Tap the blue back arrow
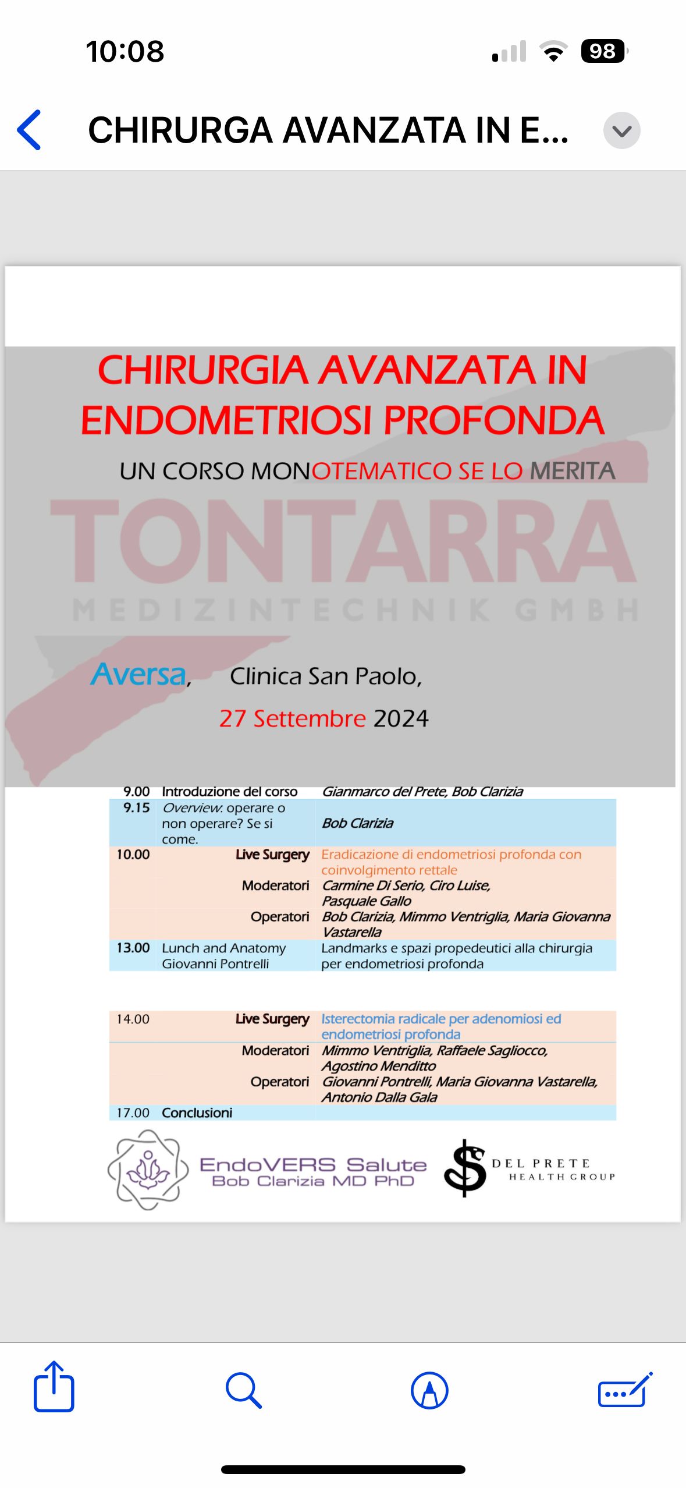click(29, 130)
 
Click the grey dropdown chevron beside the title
click(621, 130)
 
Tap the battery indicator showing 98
click(603, 51)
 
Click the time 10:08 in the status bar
click(125, 51)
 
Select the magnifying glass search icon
click(243, 1390)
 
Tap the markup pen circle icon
click(429, 1390)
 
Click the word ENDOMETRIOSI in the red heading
click(226, 420)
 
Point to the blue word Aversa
click(138, 674)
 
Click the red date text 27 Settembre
click(292, 718)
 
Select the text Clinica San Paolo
click(325, 676)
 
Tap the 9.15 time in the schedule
click(136, 808)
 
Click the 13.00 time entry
click(133, 948)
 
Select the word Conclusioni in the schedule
click(197, 1113)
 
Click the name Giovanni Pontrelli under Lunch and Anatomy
click(215, 963)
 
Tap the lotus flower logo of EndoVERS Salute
click(148, 1170)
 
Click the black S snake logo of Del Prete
click(465, 1168)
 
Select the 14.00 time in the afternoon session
click(133, 1019)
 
